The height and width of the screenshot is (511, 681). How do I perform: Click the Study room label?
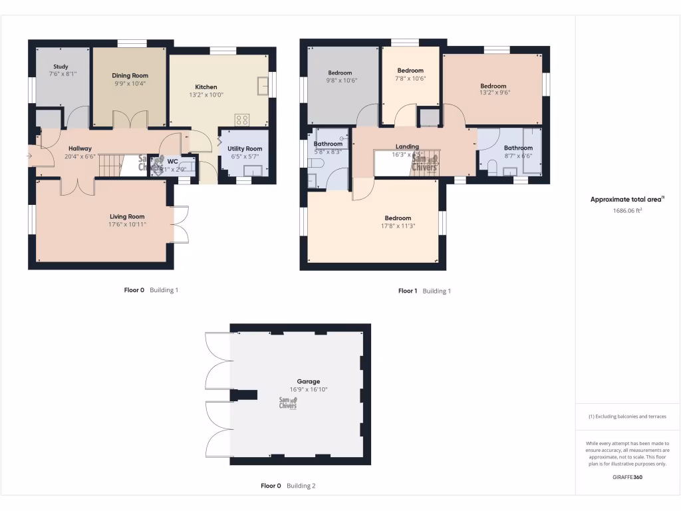tap(61, 67)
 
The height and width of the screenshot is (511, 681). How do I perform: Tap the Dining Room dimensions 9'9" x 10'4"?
tap(130, 84)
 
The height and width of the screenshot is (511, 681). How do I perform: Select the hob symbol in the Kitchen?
tap(242, 120)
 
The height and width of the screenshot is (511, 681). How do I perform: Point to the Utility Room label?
tap(245, 149)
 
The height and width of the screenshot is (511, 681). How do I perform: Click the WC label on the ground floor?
tap(172, 161)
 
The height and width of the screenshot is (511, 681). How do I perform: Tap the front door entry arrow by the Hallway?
tap(29, 156)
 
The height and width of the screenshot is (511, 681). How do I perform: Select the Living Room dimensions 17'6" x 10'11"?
tap(127, 225)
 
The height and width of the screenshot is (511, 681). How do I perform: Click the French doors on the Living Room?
tap(180, 225)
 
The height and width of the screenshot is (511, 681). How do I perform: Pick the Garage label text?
tap(309, 382)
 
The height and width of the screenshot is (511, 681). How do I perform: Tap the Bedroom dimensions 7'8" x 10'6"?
tap(410, 79)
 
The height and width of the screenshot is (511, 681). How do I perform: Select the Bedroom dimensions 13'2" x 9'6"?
tap(493, 94)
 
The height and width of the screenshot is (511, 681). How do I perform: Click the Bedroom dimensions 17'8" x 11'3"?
tap(398, 226)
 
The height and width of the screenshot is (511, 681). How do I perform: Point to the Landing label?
tap(407, 146)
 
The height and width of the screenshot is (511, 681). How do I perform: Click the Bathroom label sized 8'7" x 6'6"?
tap(518, 148)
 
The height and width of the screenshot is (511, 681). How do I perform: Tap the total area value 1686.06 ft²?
tap(627, 210)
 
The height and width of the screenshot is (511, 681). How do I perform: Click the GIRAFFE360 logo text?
tap(627, 476)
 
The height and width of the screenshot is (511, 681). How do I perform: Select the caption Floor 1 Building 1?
tap(424, 291)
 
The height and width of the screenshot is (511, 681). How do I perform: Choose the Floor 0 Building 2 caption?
tap(288, 486)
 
